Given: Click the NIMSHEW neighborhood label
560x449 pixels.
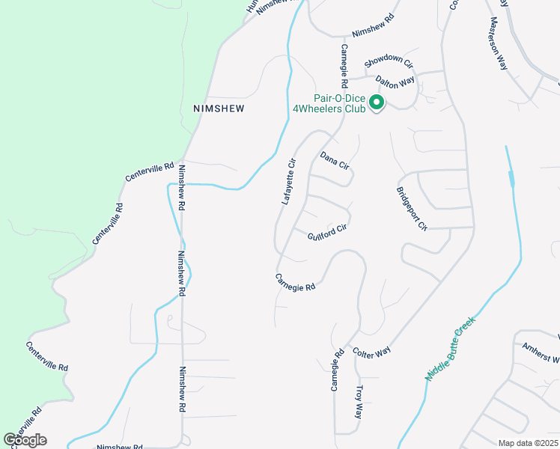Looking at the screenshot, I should click(219, 108).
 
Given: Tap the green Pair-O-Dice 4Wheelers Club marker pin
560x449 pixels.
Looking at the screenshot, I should click(377, 103).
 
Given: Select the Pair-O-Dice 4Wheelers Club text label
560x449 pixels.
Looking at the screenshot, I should click(338, 103).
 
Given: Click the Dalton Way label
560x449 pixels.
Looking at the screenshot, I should click(395, 82).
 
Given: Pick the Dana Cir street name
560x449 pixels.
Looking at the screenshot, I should click(335, 160).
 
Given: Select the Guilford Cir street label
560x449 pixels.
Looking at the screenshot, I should click(327, 232).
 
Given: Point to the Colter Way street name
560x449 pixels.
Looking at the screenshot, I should click(372, 352).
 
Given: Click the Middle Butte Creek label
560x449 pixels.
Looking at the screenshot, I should click(450, 349).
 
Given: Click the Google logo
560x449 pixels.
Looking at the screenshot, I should click(25, 440).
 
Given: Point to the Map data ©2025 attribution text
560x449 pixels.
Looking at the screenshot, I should click(527, 442).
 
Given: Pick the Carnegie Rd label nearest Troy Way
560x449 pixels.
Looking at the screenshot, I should click(337, 370).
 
